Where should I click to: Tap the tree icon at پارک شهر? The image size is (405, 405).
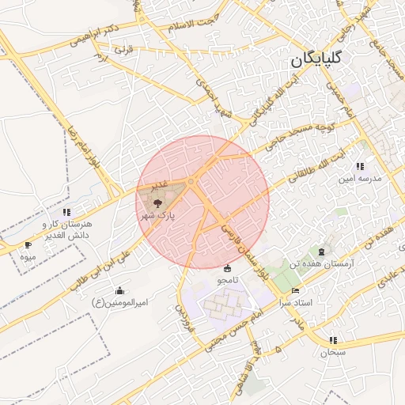coord(155,202)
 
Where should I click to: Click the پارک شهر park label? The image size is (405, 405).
coord(157,214)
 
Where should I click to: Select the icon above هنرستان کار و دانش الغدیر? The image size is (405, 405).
coord(66,212)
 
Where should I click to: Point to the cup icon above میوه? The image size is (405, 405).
coord(28,245)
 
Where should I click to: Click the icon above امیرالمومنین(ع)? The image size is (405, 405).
coord(119,290)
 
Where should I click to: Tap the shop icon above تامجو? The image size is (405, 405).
coord(229,267)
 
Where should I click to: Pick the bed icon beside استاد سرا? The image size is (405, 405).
coord(296,290)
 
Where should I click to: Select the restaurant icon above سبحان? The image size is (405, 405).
coord(332,340)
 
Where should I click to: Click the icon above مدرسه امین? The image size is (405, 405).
coord(360,166)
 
